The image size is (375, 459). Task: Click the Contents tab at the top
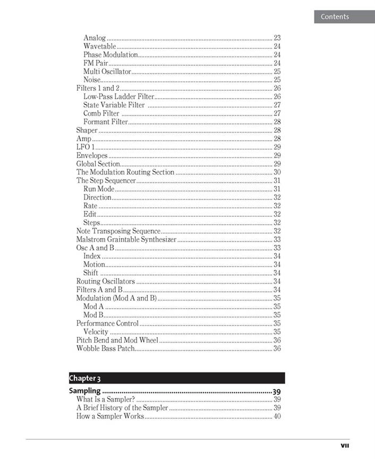click(335, 16)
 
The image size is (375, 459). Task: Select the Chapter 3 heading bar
click(176, 378)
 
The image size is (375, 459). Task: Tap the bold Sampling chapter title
click(85, 392)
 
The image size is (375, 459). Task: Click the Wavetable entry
click(99, 46)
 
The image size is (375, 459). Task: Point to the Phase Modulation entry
click(110, 55)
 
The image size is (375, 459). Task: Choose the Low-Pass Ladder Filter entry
click(118, 97)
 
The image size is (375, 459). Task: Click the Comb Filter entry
click(101, 114)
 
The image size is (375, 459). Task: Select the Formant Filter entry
click(106, 122)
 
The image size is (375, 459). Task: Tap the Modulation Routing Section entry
click(125, 172)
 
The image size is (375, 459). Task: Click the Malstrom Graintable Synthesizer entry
click(126, 240)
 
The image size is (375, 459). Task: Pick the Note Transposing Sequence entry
click(118, 231)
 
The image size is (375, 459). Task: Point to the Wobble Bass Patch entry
click(105, 348)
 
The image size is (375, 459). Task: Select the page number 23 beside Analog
click(277, 38)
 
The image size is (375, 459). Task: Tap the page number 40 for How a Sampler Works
click(277, 416)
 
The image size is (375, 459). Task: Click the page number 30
click(277, 172)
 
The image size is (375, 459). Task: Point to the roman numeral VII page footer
click(345, 446)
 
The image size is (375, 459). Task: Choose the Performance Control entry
click(107, 323)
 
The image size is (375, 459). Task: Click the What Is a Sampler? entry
click(106, 399)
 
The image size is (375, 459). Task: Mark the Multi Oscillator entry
click(107, 71)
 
